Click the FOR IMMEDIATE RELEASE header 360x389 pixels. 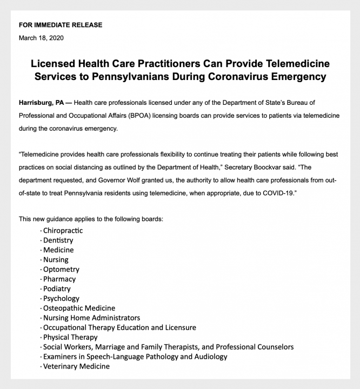coord(61,25)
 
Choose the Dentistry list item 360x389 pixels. coord(58,240)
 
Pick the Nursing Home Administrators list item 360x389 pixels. coord(91,318)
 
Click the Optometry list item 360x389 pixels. coord(61,269)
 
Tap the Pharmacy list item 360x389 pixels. coord(59,279)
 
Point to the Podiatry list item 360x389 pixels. coord(57,289)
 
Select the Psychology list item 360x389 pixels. coord(61,298)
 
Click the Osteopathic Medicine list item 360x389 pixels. coord(79,308)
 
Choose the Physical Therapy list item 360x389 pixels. coord(70,337)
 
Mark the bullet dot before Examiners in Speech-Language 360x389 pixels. coord(41,357)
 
